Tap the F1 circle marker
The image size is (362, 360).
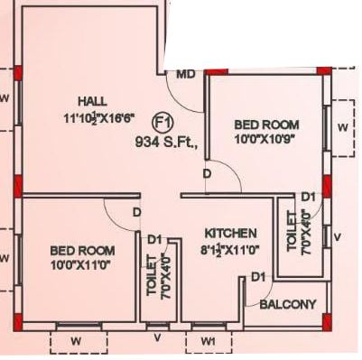[163, 122]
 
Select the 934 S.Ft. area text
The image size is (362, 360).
[164, 141]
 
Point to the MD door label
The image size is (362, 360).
[186, 75]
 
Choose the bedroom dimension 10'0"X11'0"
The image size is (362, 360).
[81, 265]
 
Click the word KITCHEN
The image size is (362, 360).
[230, 232]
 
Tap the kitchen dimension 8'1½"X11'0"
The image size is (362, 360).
[229, 248]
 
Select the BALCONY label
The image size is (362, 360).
[288, 304]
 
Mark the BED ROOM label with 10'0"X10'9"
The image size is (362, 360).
[265, 125]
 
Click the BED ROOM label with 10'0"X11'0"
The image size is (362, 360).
[81, 250]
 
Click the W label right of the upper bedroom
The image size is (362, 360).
[341, 128]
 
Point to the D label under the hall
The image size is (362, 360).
[136, 213]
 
